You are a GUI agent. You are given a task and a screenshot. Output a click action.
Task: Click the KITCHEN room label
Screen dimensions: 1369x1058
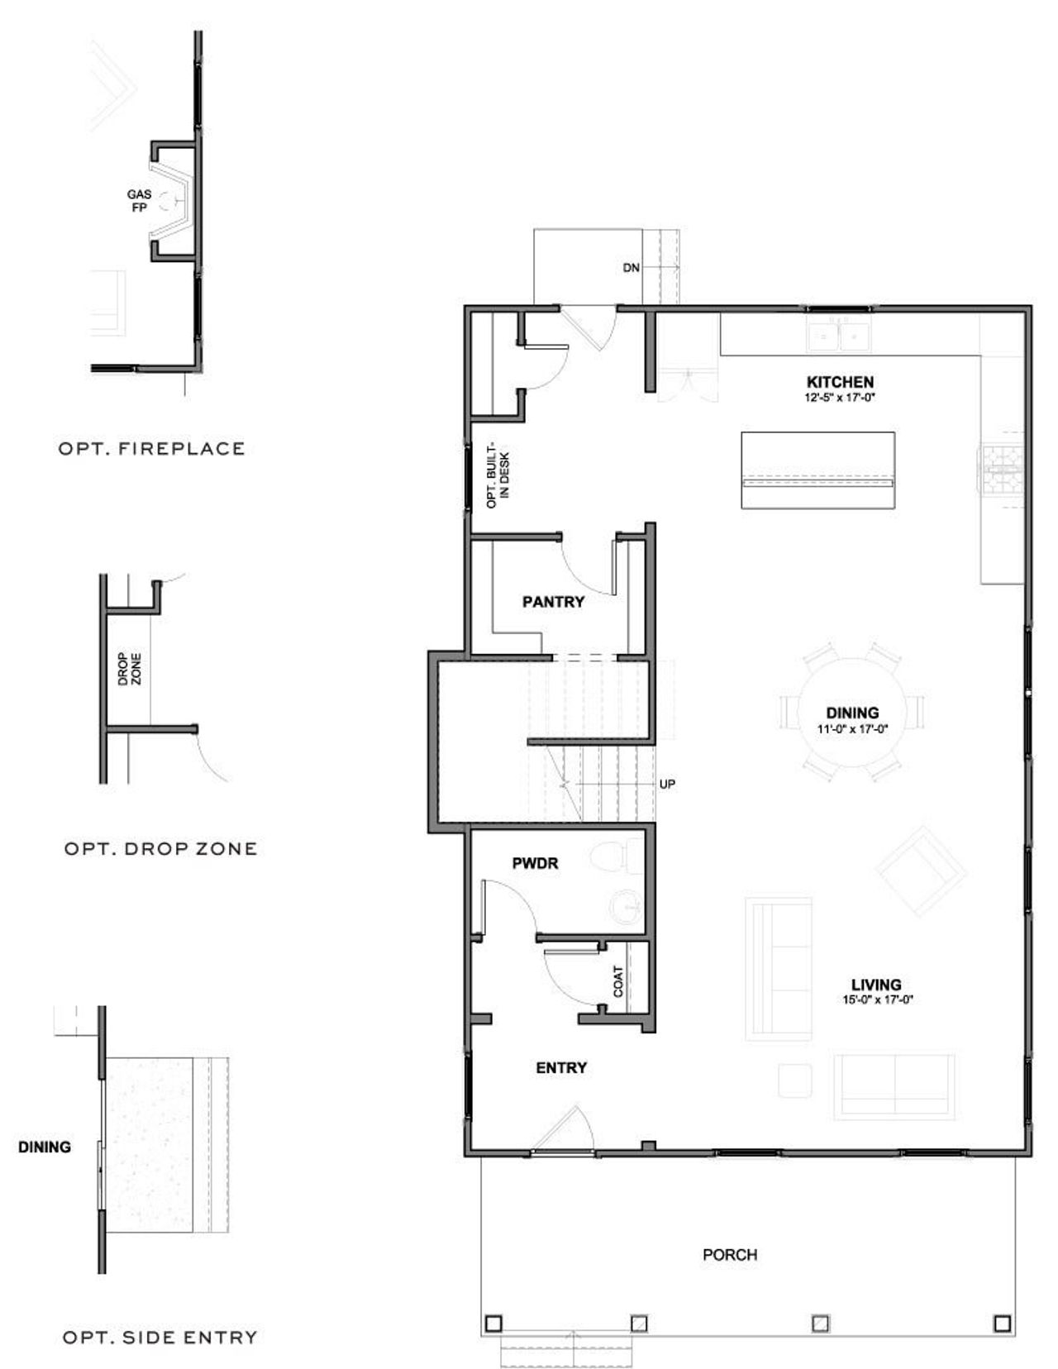(840, 382)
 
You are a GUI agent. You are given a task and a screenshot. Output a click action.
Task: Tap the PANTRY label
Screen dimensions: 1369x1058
(553, 602)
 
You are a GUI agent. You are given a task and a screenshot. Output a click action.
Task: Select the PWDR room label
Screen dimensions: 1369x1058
(535, 863)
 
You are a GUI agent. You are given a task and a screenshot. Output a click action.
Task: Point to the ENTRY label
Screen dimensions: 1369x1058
(561, 1068)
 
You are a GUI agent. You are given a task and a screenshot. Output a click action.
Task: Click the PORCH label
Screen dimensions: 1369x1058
(730, 1254)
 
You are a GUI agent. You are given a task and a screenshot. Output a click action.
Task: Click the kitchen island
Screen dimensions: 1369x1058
(817, 470)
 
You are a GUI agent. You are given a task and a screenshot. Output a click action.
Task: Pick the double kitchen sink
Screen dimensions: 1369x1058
(838, 335)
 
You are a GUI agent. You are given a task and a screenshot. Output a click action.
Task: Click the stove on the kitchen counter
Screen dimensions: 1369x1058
(1003, 469)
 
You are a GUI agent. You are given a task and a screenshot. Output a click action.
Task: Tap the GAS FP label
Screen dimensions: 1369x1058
(139, 201)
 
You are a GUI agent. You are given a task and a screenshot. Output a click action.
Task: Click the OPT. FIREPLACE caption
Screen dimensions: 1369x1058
(152, 449)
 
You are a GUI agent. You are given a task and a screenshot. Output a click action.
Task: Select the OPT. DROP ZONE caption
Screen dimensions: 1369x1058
(160, 848)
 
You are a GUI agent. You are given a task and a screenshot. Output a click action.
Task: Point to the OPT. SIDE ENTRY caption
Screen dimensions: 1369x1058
(160, 1337)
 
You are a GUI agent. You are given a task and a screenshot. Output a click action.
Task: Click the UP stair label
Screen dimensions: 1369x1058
(667, 783)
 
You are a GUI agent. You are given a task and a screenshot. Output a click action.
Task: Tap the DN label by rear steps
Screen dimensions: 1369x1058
(631, 268)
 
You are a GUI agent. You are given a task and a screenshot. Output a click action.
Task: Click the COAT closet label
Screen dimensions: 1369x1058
(618, 981)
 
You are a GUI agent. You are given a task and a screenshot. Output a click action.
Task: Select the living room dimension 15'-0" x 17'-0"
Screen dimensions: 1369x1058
(876, 999)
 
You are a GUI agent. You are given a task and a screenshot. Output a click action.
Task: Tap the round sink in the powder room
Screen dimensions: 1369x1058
(626, 907)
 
